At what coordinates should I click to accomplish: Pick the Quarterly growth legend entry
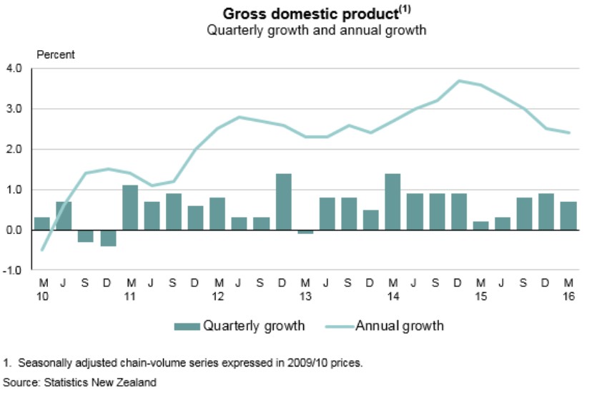(240, 326)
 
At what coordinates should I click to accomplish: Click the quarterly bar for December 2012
(284, 202)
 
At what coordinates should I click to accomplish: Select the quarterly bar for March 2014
(393, 202)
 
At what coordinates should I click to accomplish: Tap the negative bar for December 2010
(109, 238)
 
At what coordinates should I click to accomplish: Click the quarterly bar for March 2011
(130, 208)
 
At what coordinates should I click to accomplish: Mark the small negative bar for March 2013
(305, 232)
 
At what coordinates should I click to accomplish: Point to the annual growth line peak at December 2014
(458, 81)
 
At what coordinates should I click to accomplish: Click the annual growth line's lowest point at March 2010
(42, 250)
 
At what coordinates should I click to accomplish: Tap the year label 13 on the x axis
(305, 296)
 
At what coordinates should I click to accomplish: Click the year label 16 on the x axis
(568, 296)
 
